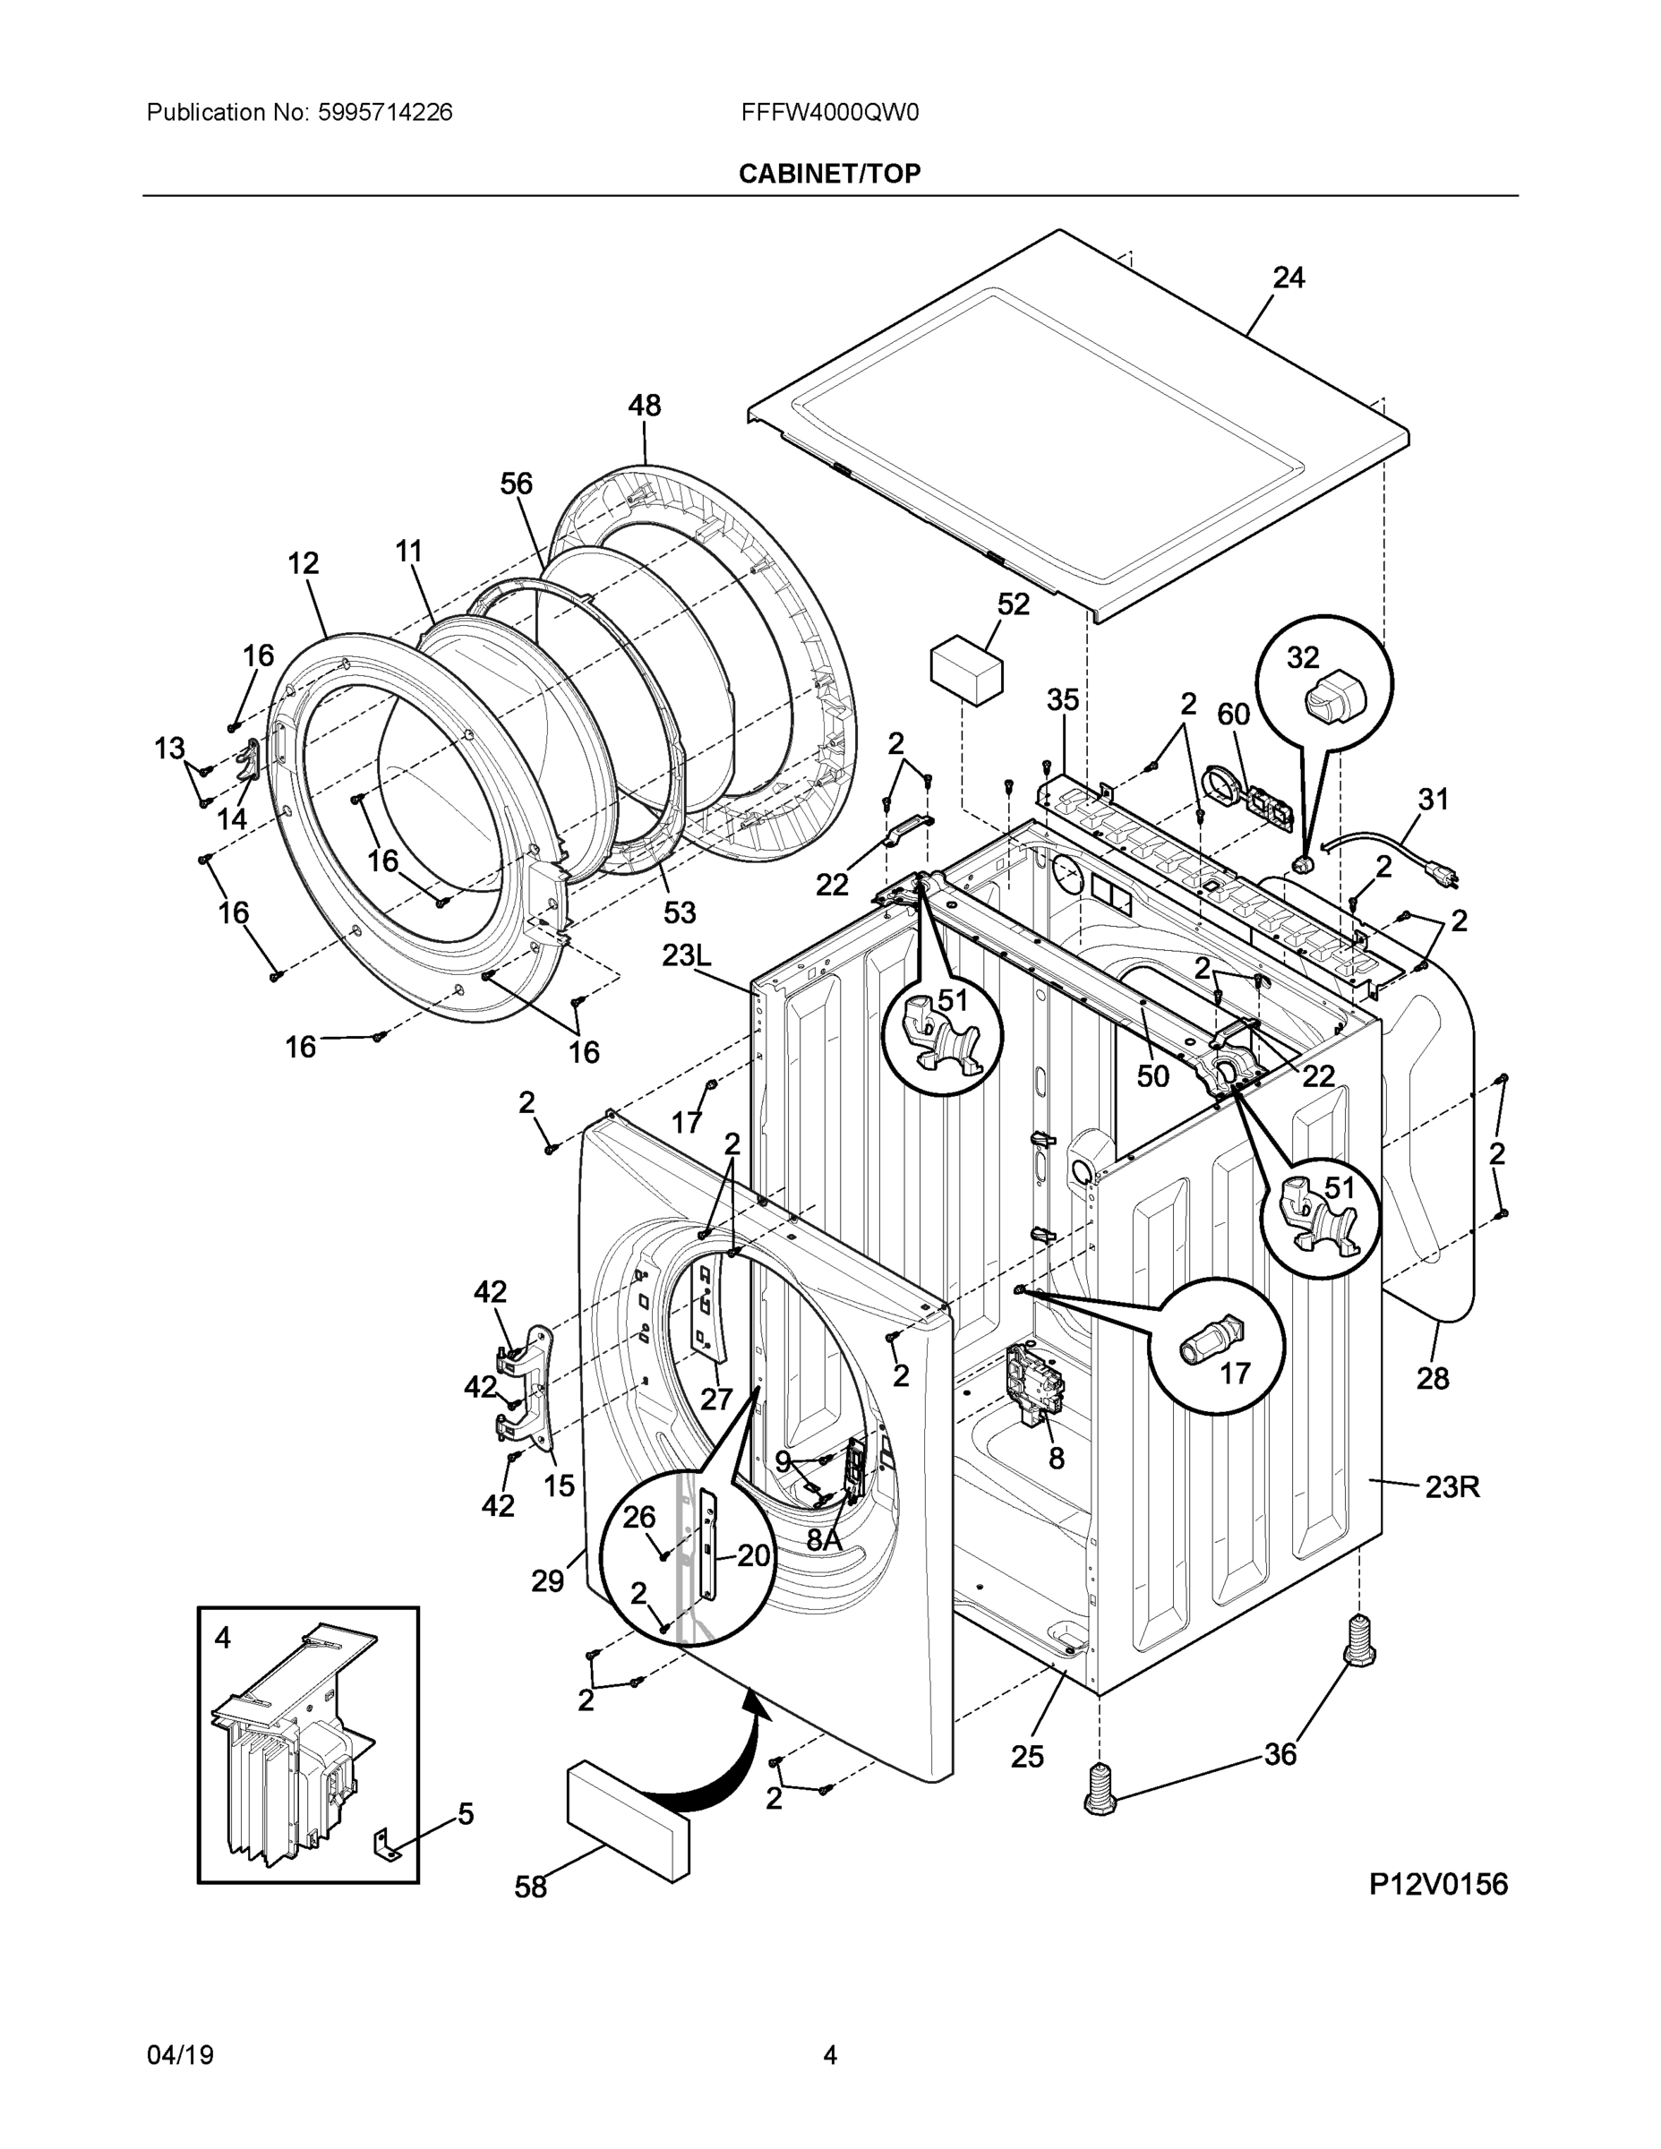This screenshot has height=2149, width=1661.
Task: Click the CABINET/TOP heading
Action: click(x=829, y=175)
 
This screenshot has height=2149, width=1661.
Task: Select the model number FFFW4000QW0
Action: click(x=829, y=113)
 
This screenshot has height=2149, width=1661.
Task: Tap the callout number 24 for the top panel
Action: click(x=1289, y=278)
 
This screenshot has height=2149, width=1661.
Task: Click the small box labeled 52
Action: click(x=966, y=668)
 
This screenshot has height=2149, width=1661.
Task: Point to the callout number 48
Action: click(x=645, y=406)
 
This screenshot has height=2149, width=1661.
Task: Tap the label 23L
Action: click(x=686, y=955)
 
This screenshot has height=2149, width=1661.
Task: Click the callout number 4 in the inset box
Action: click(x=223, y=1638)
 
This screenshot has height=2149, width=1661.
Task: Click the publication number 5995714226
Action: click(x=385, y=113)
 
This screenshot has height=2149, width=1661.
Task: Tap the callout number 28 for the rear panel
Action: click(x=1432, y=1379)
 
